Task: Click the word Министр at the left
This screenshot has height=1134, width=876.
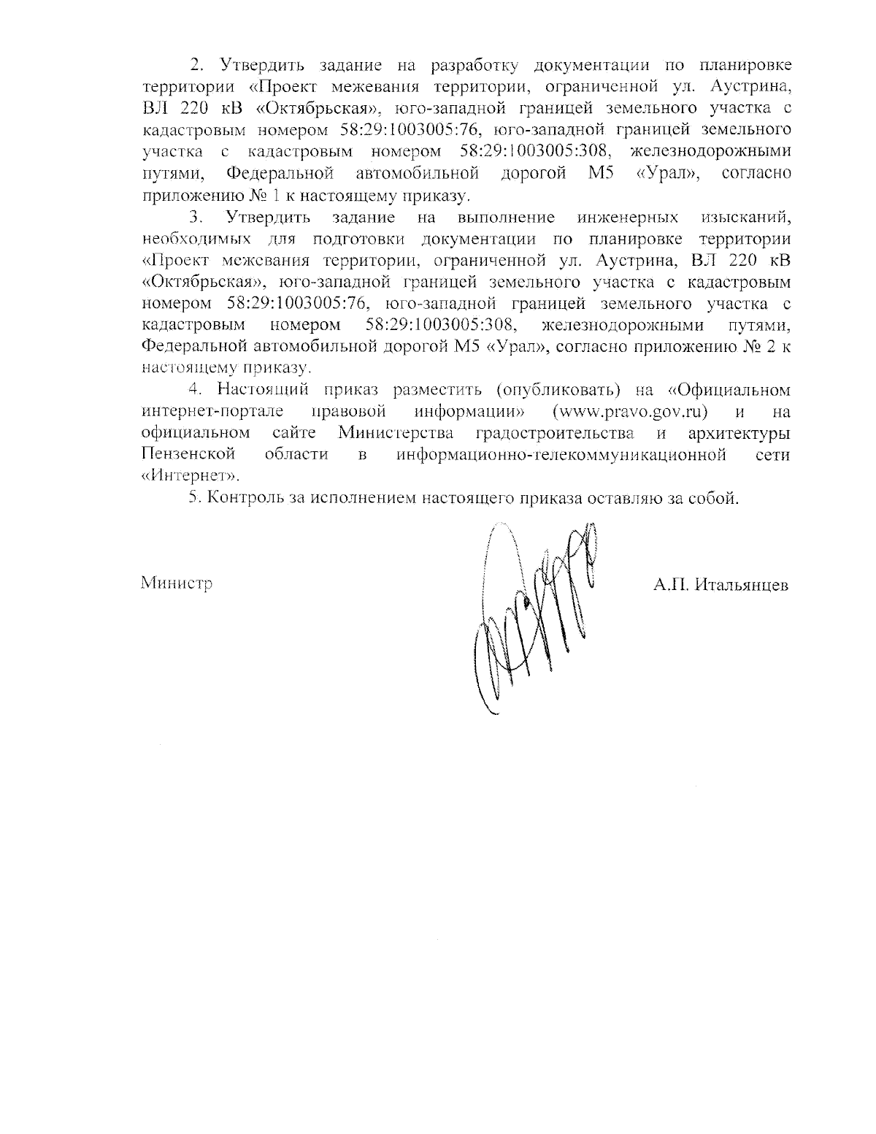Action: click(x=177, y=584)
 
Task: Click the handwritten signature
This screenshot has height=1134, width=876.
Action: click(x=533, y=613)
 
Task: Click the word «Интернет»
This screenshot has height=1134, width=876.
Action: click(x=190, y=475)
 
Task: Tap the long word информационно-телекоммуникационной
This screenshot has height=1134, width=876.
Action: click(x=561, y=454)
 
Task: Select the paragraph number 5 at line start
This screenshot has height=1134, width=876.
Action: click(x=193, y=499)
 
